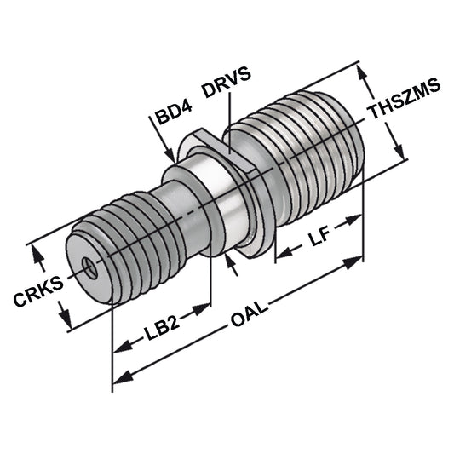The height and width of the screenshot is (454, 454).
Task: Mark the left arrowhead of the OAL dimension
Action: coord(120,376)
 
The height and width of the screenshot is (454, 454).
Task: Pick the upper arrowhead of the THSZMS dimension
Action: coord(367,73)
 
